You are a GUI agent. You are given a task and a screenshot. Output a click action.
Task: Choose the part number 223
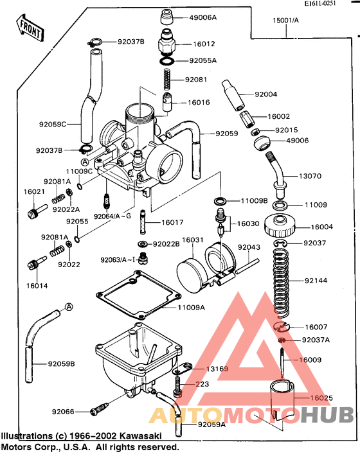tap(203, 384)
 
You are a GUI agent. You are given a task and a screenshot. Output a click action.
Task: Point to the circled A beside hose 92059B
tap(69, 308)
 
